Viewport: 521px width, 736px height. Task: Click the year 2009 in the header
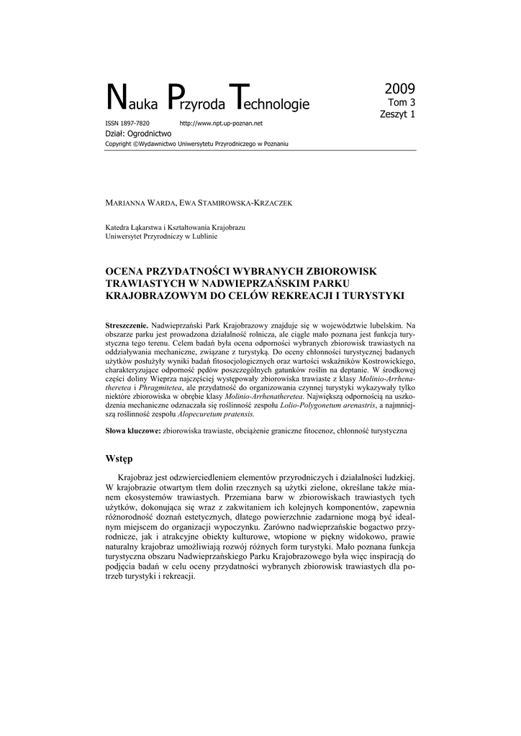tap(399, 90)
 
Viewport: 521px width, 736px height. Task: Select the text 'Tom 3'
tap(402, 103)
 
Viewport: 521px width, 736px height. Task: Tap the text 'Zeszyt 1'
tap(397, 114)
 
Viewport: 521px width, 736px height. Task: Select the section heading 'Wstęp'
tap(119, 459)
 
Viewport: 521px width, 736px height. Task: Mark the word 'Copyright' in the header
tap(119, 144)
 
